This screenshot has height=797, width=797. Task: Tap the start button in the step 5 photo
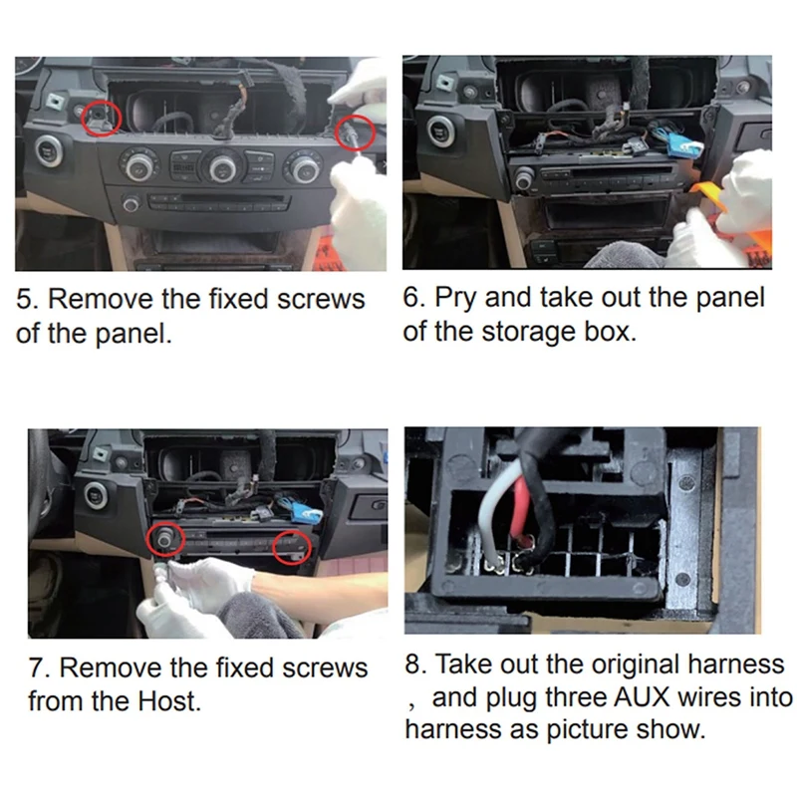(49, 151)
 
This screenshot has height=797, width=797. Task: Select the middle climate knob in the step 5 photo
(222, 166)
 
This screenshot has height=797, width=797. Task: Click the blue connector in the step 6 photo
(678, 143)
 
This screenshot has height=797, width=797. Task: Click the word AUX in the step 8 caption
(642, 697)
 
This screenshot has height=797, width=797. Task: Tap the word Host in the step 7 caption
(169, 701)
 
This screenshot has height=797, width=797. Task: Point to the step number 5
(24, 299)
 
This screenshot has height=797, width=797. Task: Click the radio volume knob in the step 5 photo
(131, 204)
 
